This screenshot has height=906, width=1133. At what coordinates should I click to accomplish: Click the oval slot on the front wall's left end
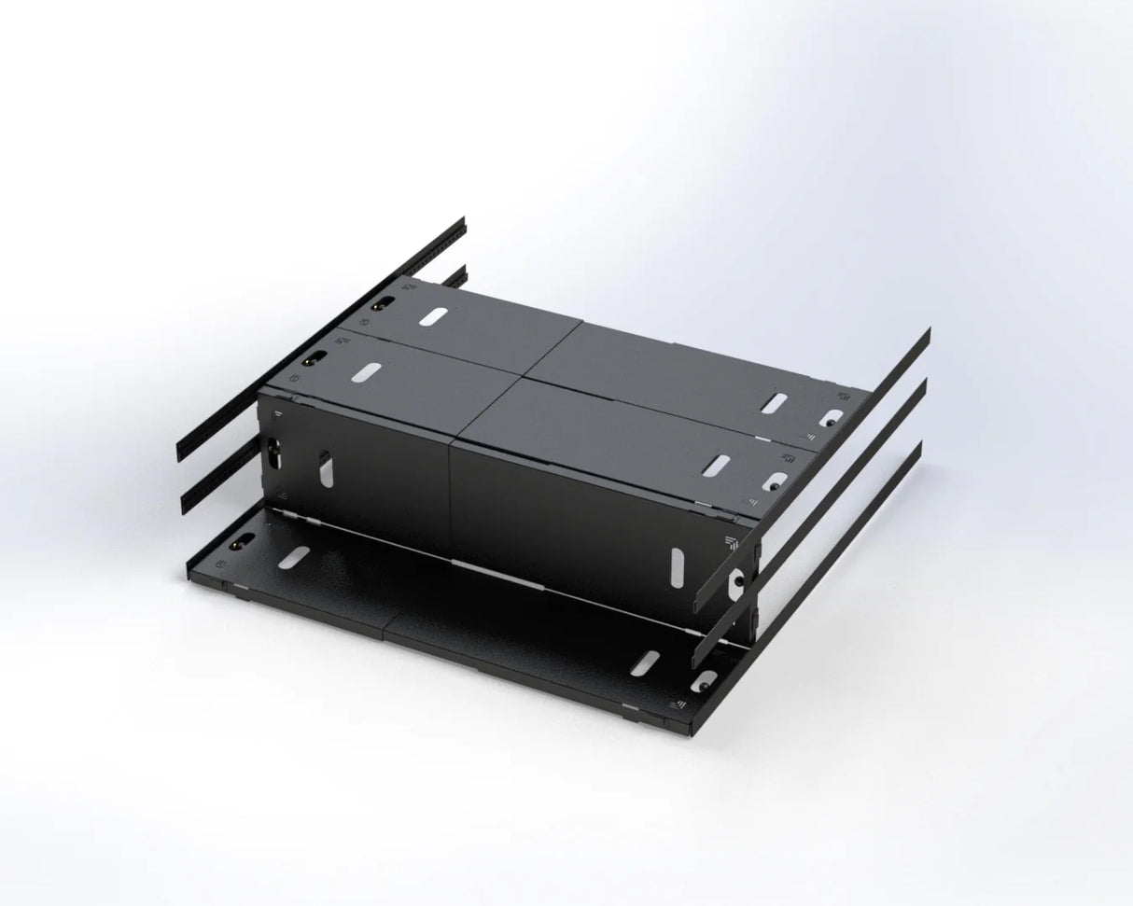[x=325, y=469]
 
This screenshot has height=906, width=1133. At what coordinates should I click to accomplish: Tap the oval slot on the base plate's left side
[x=294, y=558]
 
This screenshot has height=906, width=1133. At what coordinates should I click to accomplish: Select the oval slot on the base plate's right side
[x=643, y=662]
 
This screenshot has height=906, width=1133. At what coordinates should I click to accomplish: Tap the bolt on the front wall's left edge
[x=275, y=453]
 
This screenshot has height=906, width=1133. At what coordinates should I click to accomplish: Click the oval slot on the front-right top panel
[x=718, y=463]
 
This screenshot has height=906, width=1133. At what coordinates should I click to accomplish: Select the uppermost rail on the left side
[x=322, y=341]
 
